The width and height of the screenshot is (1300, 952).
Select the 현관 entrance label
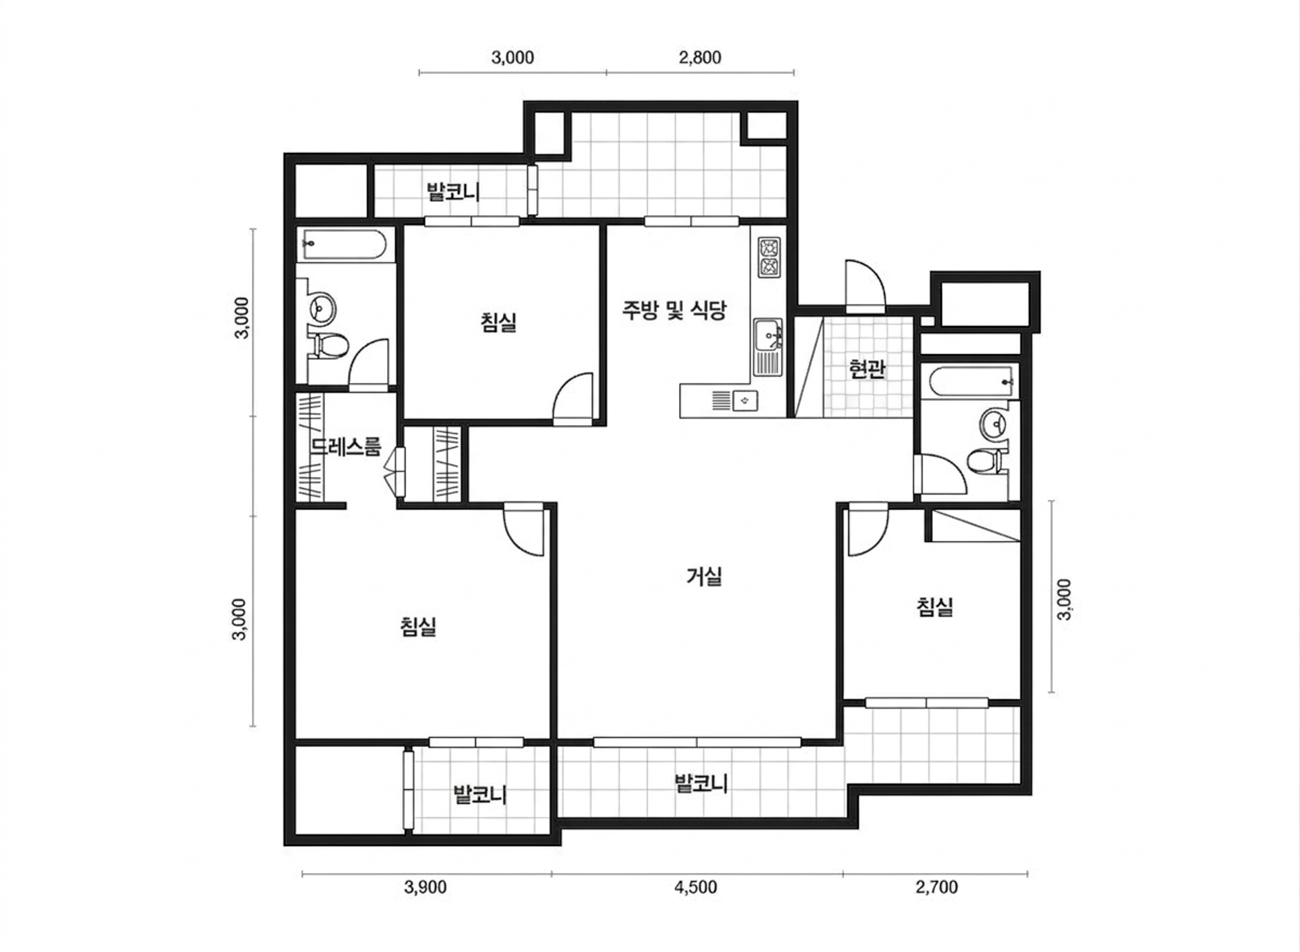pyautogui.click(x=867, y=369)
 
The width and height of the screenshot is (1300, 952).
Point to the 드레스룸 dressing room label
pyautogui.click(x=346, y=447)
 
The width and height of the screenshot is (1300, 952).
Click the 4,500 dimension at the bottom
pyautogui.click(x=696, y=887)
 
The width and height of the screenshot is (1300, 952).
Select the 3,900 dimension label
pyautogui.click(x=425, y=887)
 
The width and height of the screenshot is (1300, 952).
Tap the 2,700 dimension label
pyautogui.click(x=936, y=887)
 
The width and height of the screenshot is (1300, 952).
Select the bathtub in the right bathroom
pyautogui.click(x=968, y=381)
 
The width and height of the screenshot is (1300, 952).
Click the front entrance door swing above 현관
pyautogui.click(x=865, y=287)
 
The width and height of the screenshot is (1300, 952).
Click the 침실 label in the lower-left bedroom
pyautogui.click(x=418, y=627)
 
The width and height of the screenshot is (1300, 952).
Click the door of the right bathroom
pyautogui.click(x=940, y=474)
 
